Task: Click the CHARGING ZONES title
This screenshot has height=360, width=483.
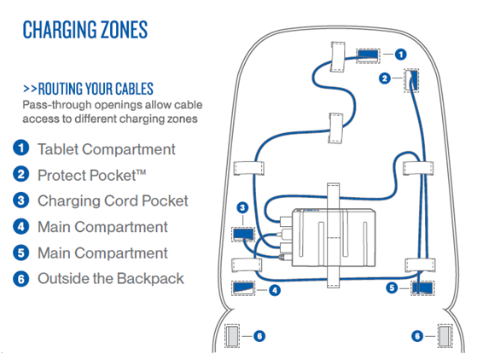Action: (x=85, y=30)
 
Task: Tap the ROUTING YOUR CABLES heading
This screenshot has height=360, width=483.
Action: (x=88, y=89)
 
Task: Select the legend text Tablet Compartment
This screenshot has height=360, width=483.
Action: (x=107, y=149)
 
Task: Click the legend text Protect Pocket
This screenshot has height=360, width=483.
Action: (x=91, y=175)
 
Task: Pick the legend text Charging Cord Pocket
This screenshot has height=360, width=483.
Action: (x=113, y=200)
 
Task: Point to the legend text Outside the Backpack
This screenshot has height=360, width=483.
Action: (x=111, y=278)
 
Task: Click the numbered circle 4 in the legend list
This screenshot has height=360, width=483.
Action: (x=21, y=227)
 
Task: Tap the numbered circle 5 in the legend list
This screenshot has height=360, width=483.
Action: (x=21, y=253)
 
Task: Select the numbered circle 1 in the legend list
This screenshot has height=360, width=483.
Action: (x=21, y=148)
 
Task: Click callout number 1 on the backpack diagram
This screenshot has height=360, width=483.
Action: (x=400, y=55)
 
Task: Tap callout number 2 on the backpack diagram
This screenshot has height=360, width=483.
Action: (x=384, y=78)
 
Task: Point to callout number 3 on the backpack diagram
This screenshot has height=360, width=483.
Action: (x=242, y=208)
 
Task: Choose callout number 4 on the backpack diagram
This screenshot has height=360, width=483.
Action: (x=275, y=290)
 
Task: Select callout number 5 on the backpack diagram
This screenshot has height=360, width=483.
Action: (x=392, y=288)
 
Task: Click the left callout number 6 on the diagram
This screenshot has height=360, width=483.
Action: (x=259, y=336)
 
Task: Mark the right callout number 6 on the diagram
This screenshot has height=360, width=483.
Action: (x=417, y=336)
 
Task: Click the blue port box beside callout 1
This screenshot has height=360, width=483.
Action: (x=368, y=55)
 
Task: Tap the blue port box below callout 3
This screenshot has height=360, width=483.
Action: (x=243, y=235)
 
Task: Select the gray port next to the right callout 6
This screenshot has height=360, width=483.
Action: (x=445, y=336)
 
